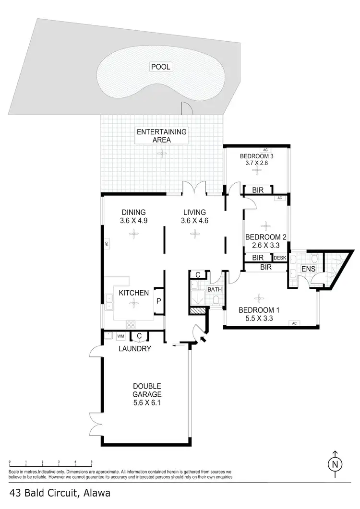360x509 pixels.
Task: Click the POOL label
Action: click(x=161, y=67)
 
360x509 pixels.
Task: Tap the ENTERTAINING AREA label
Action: click(x=162, y=136)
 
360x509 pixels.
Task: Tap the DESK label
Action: click(x=280, y=258)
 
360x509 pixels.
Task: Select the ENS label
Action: click(x=308, y=269)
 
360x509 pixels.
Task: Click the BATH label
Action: click(x=214, y=289)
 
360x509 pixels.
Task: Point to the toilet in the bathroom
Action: click(x=216, y=301)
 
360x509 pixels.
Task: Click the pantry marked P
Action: click(x=159, y=301)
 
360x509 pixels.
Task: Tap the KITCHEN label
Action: click(x=134, y=293)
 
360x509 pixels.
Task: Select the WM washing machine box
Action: click(x=120, y=336)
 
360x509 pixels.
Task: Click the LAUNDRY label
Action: click(x=135, y=349)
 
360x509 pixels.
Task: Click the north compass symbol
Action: click(x=336, y=464)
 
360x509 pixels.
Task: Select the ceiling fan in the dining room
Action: click(x=132, y=234)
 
